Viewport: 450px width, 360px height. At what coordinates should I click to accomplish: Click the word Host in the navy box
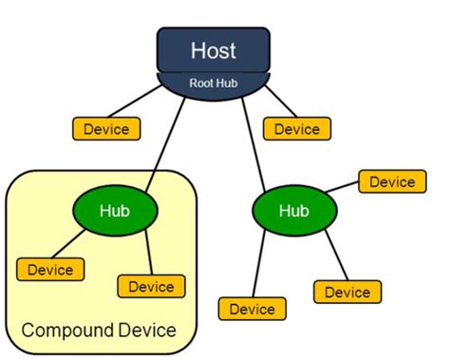click(214, 49)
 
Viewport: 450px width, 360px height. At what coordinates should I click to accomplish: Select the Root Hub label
click(214, 82)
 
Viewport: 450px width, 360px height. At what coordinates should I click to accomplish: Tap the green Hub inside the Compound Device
click(114, 210)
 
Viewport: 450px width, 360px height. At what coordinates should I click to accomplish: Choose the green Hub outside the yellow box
click(293, 210)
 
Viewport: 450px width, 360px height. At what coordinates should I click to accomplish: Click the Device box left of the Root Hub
click(106, 128)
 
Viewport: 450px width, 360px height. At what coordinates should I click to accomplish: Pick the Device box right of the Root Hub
click(297, 128)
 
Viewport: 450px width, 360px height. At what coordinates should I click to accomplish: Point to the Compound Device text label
click(99, 331)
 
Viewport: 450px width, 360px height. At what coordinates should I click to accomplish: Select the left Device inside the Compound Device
click(50, 270)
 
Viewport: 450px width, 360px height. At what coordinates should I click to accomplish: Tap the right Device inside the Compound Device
click(151, 286)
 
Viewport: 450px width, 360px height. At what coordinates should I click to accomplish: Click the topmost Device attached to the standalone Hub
click(391, 181)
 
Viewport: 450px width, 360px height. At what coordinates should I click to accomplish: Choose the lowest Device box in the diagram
click(252, 309)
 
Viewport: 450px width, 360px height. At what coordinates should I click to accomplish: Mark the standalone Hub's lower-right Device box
click(347, 292)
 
